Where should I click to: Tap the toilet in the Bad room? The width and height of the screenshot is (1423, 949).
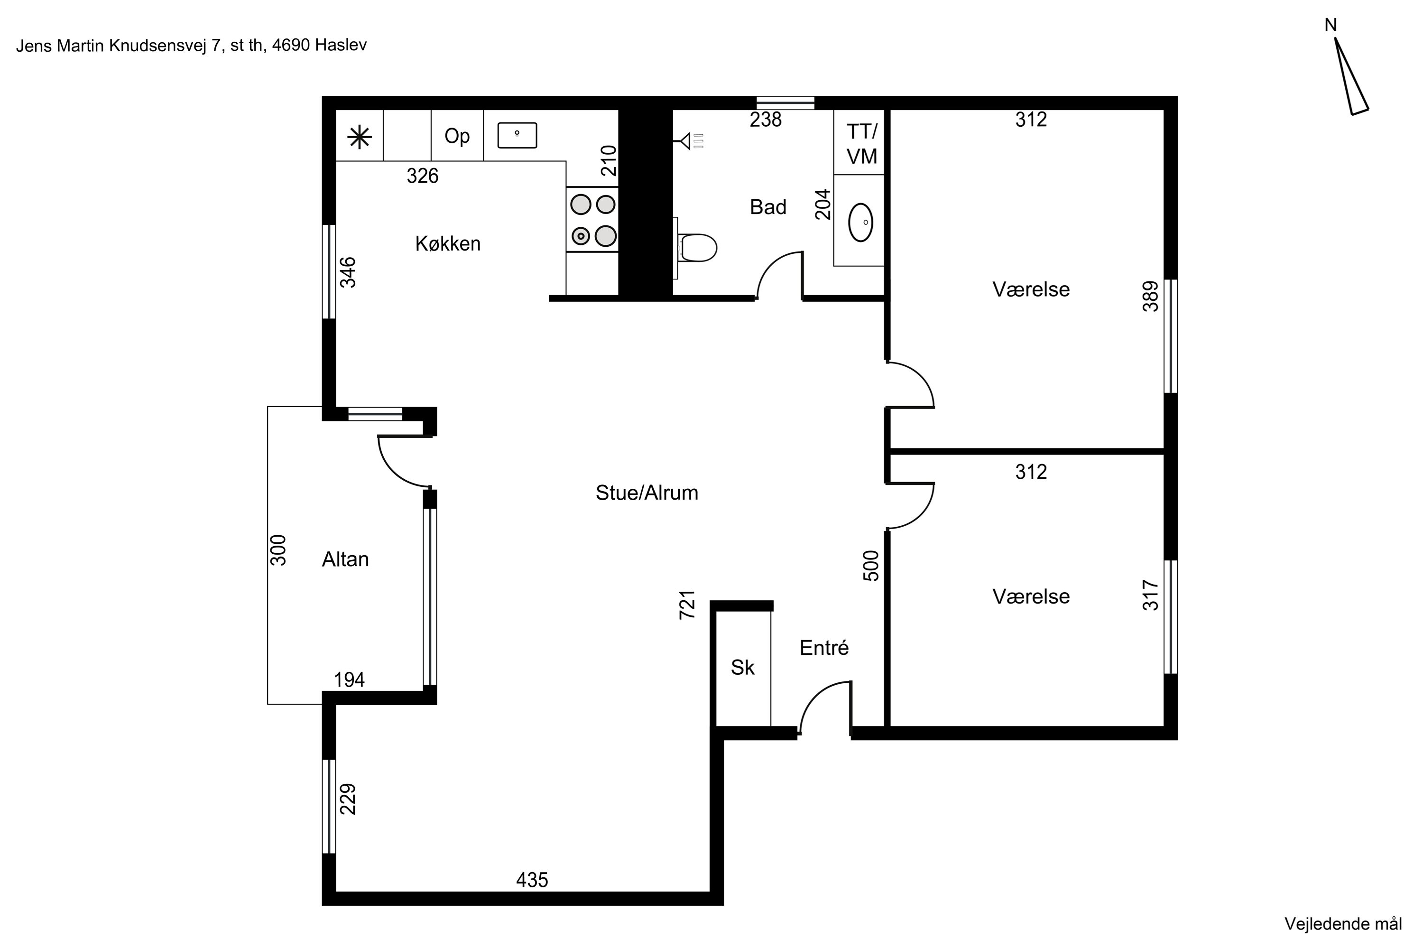point(696,248)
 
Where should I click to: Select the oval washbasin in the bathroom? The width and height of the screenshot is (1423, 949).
point(860,222)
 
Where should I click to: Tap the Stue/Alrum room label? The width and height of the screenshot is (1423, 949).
point(647,493)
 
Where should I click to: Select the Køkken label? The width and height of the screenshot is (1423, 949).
point(448,243)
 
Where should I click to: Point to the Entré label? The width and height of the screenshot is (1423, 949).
point(824,648)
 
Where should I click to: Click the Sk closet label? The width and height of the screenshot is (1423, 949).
point(742,667)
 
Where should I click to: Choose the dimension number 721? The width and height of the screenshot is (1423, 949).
point(687,604)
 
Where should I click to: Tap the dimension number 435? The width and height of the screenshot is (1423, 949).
point(532,879)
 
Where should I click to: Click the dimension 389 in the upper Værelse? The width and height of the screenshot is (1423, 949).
point(1150,296)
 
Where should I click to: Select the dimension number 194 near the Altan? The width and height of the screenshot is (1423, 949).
point(349,679)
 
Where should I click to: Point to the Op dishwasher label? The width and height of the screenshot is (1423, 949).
point(457,137)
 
